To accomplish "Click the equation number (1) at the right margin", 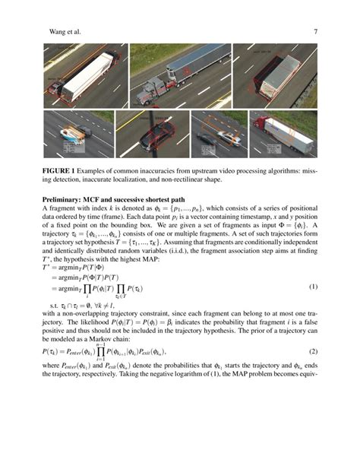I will tap(313, 287).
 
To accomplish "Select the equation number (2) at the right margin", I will tap(313, 352).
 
